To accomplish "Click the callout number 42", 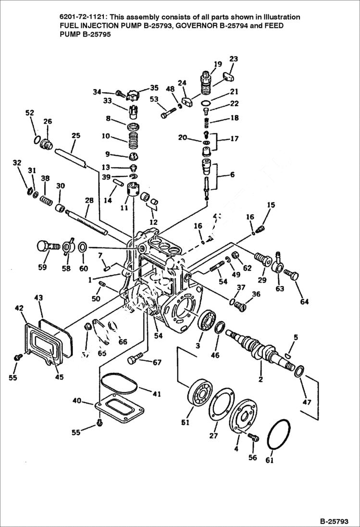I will pos(19,308).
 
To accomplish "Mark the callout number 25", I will pos(76,136).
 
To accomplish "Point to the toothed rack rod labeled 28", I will pos(89,221).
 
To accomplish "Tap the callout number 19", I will pos(218,64).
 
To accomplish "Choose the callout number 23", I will pos(234,59).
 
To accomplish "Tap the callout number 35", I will pos(154,88).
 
